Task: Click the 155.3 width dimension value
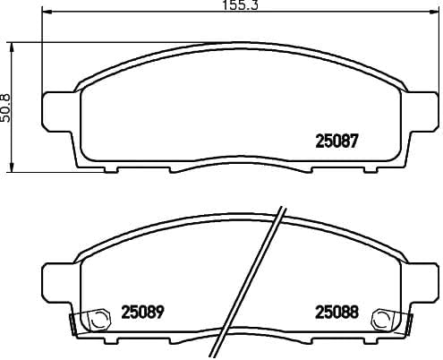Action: point(223,6)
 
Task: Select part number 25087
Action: point(337,141)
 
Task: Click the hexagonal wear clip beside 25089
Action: point(89,317)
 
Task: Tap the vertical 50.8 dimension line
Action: point(12,134)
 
